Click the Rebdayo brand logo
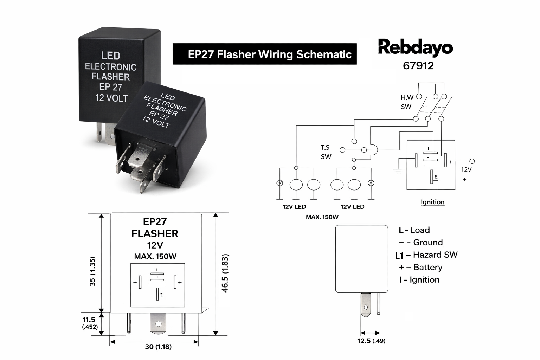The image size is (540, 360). pos(415,47)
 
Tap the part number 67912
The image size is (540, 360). pos(418,66)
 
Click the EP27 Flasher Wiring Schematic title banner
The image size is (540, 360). pos(264,54)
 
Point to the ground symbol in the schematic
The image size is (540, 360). pos(398,171)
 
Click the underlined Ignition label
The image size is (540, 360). pos(432,202)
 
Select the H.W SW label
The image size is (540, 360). pos(407,102)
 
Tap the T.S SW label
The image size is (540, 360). pos(326,152)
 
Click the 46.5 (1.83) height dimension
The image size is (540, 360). pos(225,273)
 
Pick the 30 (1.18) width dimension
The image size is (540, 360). pos(158,347)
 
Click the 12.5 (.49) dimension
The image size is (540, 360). pos(371,341)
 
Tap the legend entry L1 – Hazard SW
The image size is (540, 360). pos(426,255)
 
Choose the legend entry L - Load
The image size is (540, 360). pos(414,230)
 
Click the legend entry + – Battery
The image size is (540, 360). pos(420,267)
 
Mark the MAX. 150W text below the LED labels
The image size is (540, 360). pos(322,217)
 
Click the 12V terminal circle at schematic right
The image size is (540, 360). pos(472,161)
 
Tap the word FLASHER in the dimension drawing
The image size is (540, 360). pos(155,233)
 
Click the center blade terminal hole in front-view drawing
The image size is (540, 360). pos(158,323)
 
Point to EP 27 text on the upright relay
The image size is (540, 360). pos(111,87)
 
